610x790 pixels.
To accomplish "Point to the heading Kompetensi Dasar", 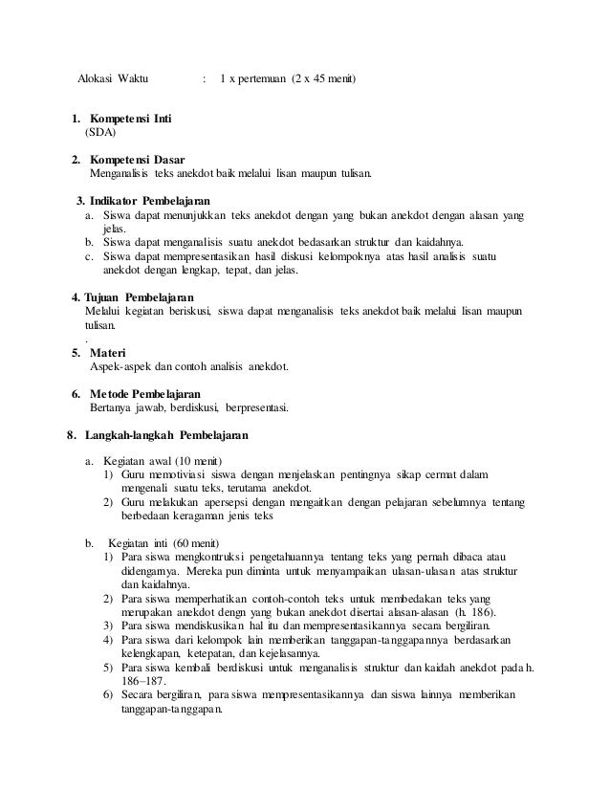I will [x=138, y=159].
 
